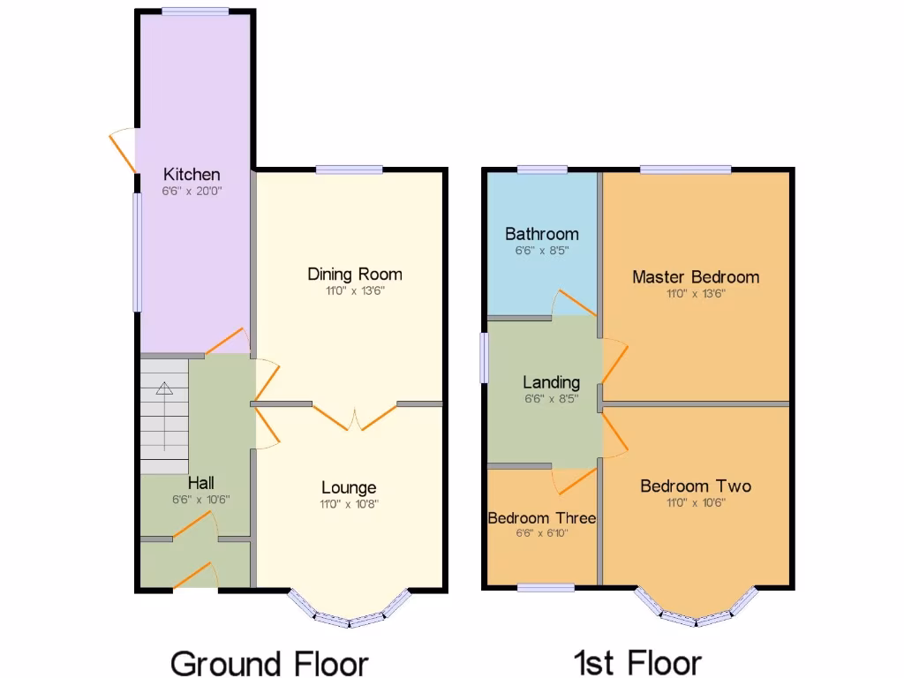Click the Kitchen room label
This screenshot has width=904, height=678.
point(192,174)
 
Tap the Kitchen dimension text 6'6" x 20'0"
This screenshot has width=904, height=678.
point(192,191)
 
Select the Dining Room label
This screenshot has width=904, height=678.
point(354,275)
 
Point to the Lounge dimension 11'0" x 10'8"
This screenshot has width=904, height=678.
point(349,504)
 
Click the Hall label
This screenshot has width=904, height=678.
point(200,483)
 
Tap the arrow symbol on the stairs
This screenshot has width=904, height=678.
point(164,388)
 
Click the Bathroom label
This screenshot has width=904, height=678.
point(542,234)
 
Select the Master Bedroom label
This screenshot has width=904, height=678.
point(695,277)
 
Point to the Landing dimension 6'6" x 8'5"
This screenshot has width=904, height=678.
point(551,399)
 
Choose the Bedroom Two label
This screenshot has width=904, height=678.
point(696,486)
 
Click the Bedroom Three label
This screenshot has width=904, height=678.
point(541,518)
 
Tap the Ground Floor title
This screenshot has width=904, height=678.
point(268,662)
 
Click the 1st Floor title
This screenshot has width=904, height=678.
point(637,662)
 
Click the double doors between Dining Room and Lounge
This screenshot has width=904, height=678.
point(355,417)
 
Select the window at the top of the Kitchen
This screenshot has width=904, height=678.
point(195,11)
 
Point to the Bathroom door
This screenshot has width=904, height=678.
point(574,304)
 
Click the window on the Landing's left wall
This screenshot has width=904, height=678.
point(484,358)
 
